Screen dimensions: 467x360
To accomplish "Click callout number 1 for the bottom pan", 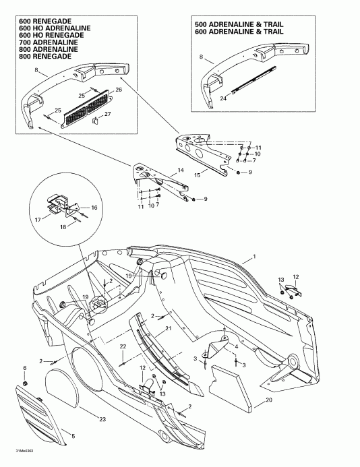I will pos(254,257).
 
